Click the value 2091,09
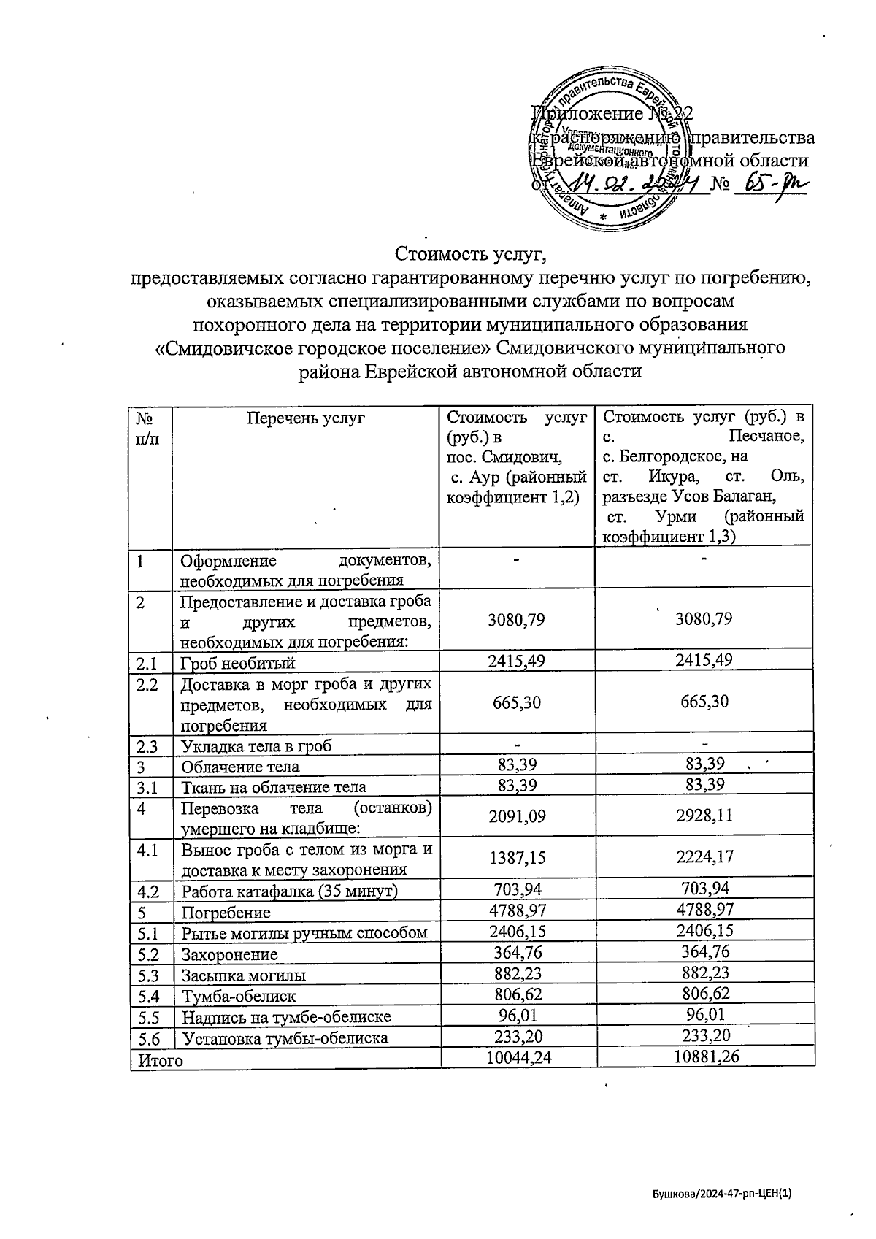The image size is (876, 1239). pos(516,816)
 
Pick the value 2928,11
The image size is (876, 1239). pos(704,816)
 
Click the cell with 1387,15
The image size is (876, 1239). pos(516,859)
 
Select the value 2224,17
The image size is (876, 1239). pos(704,858)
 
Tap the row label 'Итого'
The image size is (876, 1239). pos(156,1060)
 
